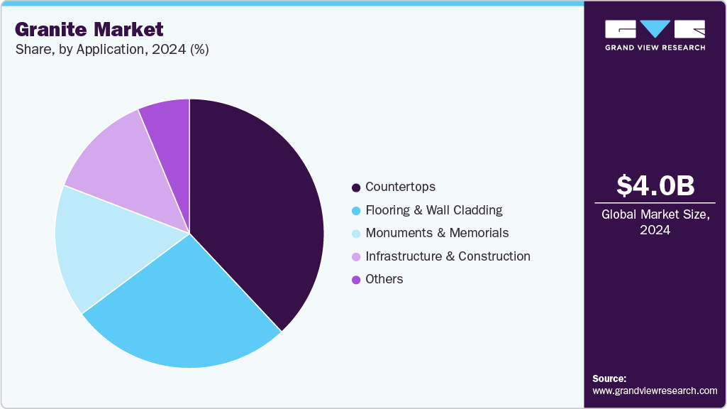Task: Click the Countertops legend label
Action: pos(400,187)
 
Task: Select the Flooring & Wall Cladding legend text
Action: pos(433,210)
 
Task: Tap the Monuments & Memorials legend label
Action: pos(437,233)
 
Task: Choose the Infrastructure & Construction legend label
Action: pos(448,256)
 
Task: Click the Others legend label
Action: pos(384,279)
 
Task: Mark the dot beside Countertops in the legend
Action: pos(356,187)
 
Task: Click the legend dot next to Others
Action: pos(356,280)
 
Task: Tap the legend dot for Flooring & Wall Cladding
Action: pos(356,211)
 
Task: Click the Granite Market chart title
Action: pos(89,29)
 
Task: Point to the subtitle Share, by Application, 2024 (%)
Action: pos(111,50)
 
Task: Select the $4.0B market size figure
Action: pos(655,185)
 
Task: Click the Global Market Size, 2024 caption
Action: pos(655,222)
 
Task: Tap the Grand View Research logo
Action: pos(655,35)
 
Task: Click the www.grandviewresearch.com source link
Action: pos(655,391)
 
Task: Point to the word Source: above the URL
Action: pos(609,378)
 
